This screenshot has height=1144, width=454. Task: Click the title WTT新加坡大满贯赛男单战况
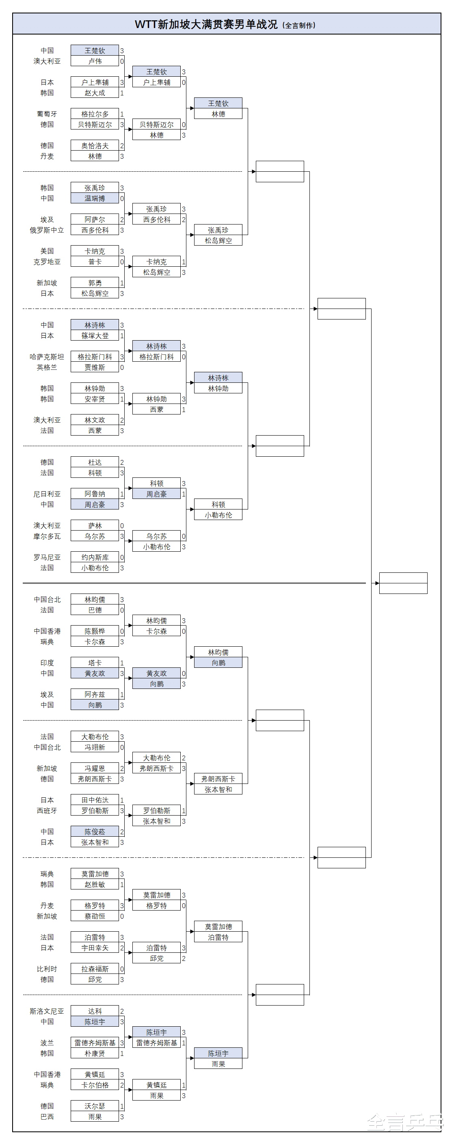pos(206,24)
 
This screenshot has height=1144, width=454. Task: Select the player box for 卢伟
pos(95,61)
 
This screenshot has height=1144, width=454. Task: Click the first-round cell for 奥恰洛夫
pos(95,146)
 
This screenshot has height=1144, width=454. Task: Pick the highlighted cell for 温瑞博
pos(95,199)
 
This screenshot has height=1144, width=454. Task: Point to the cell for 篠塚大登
pos(95,336)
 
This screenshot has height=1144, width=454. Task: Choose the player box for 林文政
pos(95,420)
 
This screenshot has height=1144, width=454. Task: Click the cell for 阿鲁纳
pos(95,494)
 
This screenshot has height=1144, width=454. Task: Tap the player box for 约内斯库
pos(95,557)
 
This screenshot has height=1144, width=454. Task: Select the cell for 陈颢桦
pos(95,631)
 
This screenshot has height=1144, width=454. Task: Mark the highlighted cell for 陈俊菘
pos(95,832)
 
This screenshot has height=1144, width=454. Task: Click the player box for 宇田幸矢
pos(95,948)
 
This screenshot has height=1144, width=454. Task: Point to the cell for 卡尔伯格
pos(95,1085)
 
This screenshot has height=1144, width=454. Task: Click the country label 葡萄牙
pos(47,114)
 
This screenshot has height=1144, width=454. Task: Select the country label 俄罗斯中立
pos(47,230)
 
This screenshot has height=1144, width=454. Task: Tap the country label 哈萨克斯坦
pos(47,356)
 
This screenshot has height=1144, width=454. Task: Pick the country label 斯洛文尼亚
pos(47,1011)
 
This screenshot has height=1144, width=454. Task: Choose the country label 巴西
pos(47,1116)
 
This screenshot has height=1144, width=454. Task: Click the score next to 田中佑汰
pos(122,800)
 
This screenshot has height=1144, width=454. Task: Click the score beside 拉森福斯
pos(122,969)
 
